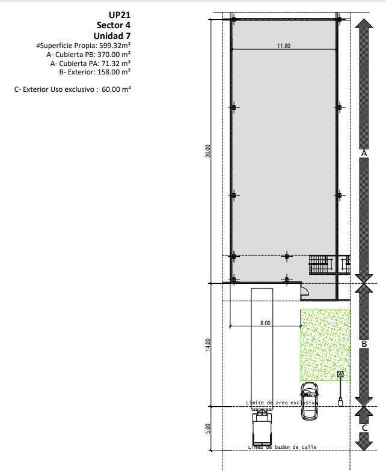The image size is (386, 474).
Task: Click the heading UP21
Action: pyautogui.click(x=120, y=15)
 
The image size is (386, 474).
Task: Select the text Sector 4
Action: pyautogui.click(x=114, y=25)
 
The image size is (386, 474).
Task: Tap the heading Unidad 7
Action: pyautogui.click(x=112, y=36)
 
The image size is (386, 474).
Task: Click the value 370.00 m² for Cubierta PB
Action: pyautogui.click(x=114, y=55)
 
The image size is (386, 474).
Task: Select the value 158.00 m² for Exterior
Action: pyautogui.click(x=114, y=72)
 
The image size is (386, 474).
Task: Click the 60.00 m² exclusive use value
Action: pyautogui.click(x=117, y=89)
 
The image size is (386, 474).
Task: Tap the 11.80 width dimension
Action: pyautogui.click(x=284, y=46)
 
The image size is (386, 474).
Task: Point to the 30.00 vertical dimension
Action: pyautogui.click(x=207, y=151)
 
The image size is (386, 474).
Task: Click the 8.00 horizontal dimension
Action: pyautogui.click(x=265, y=323)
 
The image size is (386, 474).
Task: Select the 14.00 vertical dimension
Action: pyautogui.click(x=207, y=344)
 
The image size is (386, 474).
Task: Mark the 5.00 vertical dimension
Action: pyautogui.click(x=207, y=428)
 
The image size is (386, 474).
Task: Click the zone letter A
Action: pyautogui.click(x=364, y=153)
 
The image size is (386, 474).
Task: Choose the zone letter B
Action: pyautogui.click(x=364, y=344)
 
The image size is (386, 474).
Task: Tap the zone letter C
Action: pyautogui.click(x=364, y=428)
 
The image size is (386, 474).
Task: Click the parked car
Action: pyautogui.click(x=309, y=401)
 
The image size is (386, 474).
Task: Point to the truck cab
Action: pyautogui.click(x=262, y=428)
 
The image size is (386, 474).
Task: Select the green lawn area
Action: pyautogui.click(x=325, y=345)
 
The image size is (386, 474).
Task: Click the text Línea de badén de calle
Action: pyautogui.click(x=282, y=447)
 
